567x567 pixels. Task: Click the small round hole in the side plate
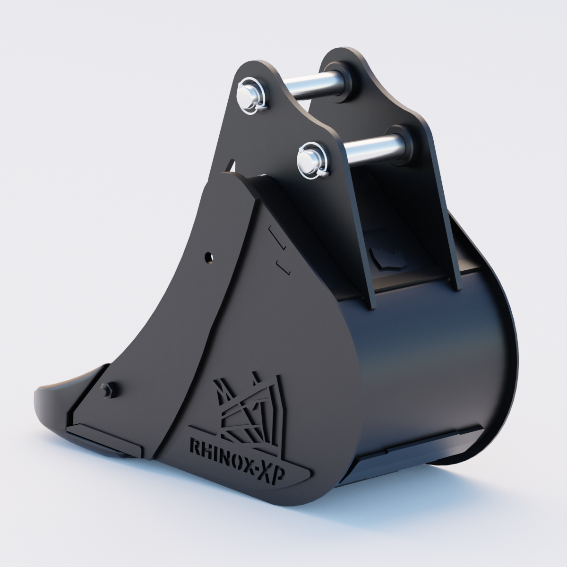click(x=209, y=258)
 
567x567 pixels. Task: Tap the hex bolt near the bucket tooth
click(x=106, y=390)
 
